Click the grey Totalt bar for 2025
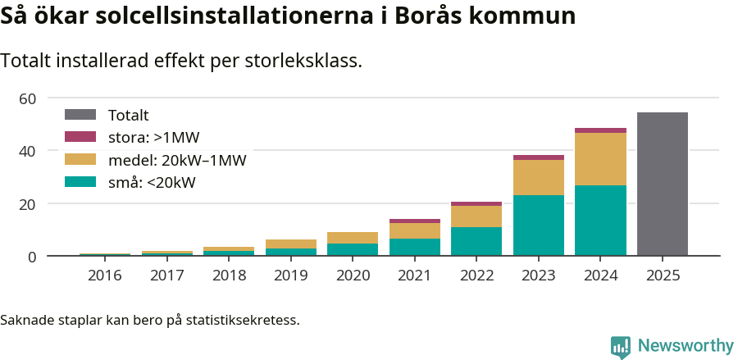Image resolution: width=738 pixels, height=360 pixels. click(x=662, y=184)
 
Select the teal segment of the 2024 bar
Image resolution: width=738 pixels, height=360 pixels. click(x=600, y=220)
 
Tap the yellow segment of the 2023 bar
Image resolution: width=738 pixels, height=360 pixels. click(x=539, y=177)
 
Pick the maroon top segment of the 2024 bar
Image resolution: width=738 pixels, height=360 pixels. click(x=600, y=130)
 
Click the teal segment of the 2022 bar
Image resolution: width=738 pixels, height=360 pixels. click(x=476, y=241)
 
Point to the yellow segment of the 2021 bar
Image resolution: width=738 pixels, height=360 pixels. click(x=414, y=230)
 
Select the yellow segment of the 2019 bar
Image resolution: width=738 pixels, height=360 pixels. click(x=290, y=244)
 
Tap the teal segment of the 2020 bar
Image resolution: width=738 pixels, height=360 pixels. click(x=353, y=249)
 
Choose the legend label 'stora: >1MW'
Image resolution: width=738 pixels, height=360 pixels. click(x=154, y=138)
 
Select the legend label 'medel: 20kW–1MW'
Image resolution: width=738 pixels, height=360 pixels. click(x=177, y=160)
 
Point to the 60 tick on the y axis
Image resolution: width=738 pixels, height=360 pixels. click(x=27, y=98)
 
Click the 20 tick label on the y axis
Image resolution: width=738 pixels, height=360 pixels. click(x=27, y=203)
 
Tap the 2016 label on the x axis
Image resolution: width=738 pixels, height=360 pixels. click(x=104, y=276)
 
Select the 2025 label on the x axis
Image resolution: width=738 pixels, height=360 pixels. click(x=662, y=276)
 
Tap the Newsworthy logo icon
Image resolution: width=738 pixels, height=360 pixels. click(x=621, y=347)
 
